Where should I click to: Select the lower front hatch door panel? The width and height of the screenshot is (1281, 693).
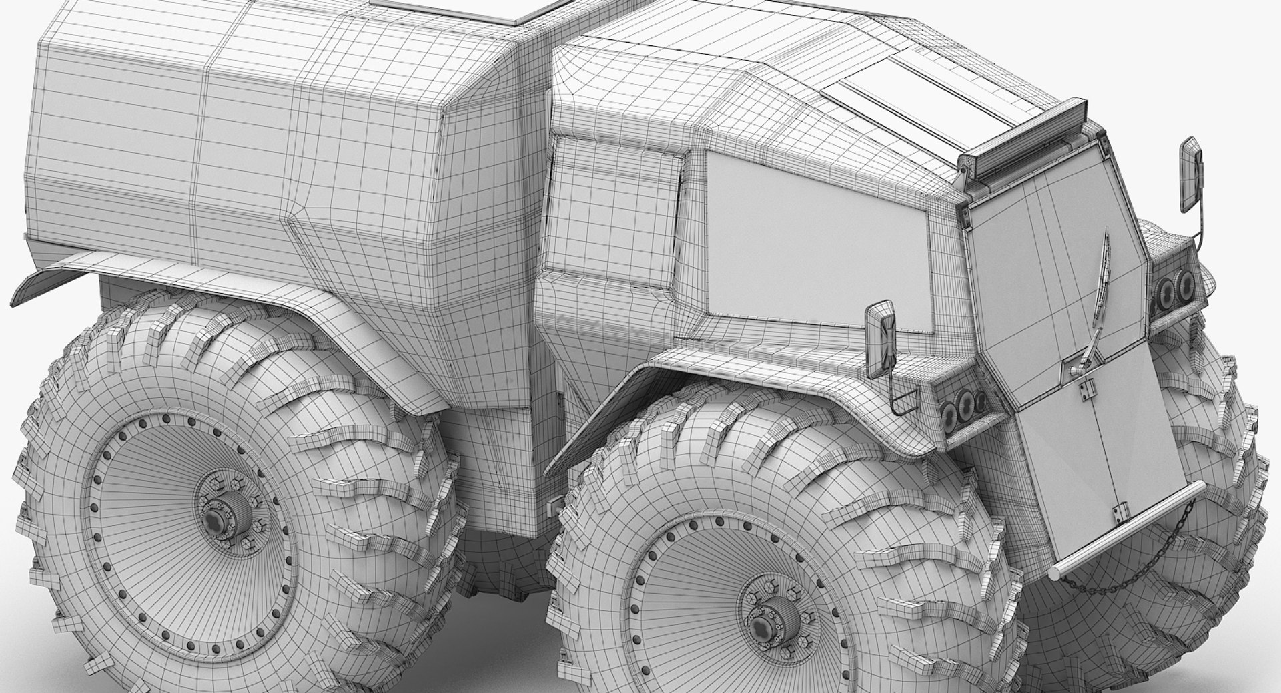[1094, 454]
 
